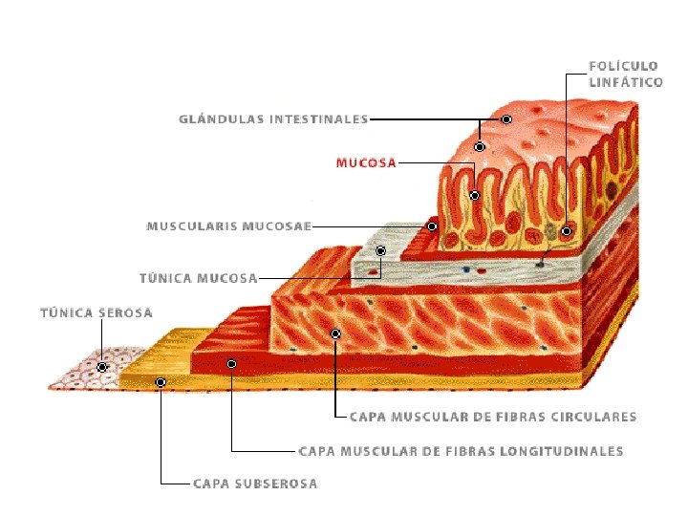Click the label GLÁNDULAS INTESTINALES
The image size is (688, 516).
point(273,119)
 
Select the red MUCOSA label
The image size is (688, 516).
point(366,163)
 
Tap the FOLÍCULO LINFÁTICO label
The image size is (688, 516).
point(625,74)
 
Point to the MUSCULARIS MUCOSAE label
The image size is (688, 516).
point(228,226)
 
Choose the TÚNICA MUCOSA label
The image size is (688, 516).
point(198,279)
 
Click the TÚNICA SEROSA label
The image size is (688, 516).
point(96,312)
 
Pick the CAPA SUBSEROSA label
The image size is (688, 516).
point(255,484)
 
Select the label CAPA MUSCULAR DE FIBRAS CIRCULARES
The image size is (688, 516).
point(492,417)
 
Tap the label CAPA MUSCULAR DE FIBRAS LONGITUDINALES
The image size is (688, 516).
point(461,451)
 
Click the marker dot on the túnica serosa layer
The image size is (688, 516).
point(102,366)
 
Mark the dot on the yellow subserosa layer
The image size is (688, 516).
point(161,382)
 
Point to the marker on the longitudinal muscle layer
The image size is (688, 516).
point(232,364)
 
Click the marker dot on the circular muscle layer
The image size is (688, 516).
point(335,333)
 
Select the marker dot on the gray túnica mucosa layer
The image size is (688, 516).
point(380,251)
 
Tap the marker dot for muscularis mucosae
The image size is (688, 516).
point(432,226)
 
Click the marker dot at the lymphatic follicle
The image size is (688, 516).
point(566,230)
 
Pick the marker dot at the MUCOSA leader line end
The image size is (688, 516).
point(474,195)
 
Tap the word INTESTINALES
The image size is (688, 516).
point(318,119)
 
